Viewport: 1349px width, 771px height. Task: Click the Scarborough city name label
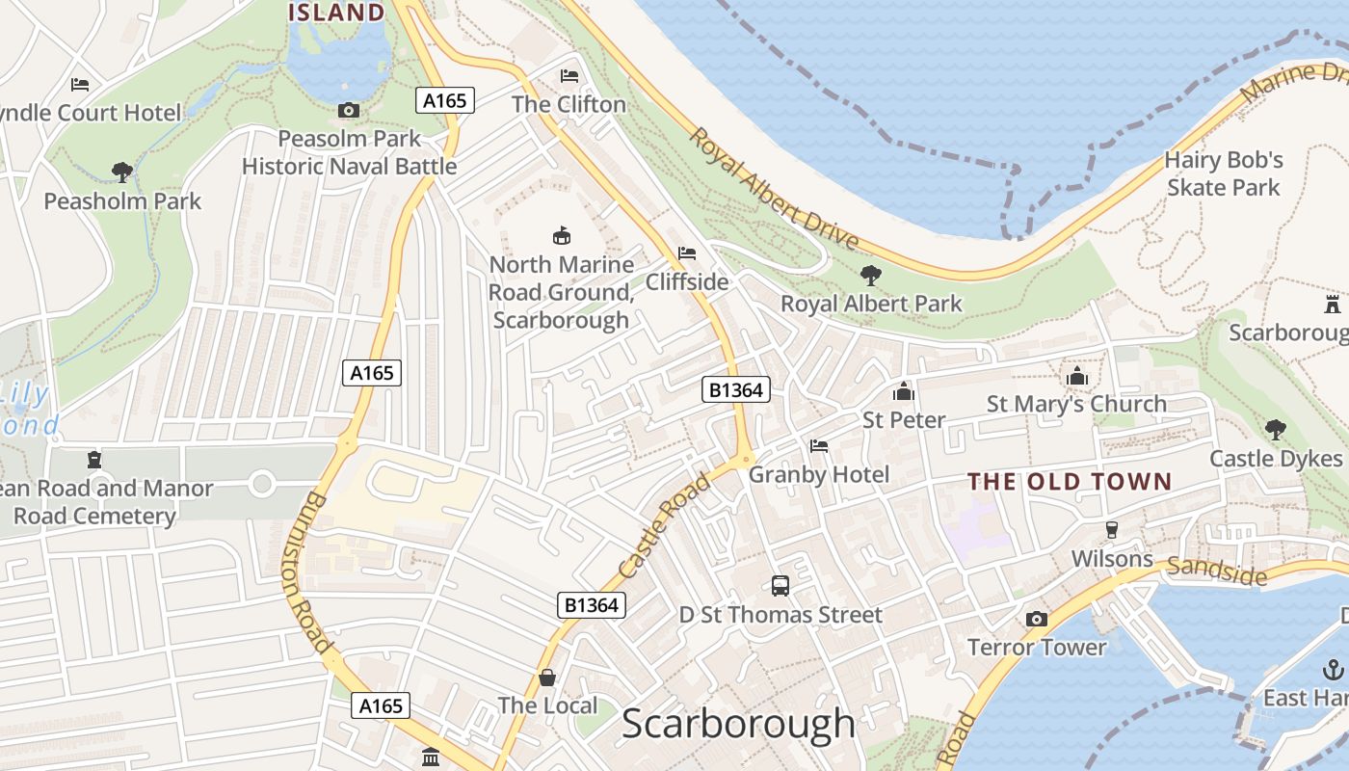[x=738, y=724]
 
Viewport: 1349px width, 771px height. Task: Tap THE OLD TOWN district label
[x=1070, y=482]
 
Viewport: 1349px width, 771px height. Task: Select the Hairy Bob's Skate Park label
[x=1224, y=173]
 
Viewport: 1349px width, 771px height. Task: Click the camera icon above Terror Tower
[x=1037, y=619]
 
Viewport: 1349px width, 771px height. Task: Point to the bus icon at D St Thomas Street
[x=780, y=585]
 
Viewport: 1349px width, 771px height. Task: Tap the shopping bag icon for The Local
[x=547, y=678]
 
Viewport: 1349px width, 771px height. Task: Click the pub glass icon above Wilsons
[x=1111, y=530]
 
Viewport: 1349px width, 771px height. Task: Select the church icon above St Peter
[x=903, y=391]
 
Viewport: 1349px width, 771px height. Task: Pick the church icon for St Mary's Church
[x=1076, y=375]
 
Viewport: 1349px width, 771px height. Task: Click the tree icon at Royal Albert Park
[x=871, y=276]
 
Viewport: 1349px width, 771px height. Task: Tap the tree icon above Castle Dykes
[x=1275, y=430]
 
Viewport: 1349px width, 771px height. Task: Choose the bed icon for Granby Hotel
[x=819, y=446]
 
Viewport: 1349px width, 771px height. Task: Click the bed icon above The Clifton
[x=569, y=76]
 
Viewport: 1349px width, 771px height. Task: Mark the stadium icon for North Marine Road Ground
[x=561, y=235]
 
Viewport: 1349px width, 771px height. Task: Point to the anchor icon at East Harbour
[x=1333, y=669]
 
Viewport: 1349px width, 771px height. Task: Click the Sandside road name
[x=1216, y=571]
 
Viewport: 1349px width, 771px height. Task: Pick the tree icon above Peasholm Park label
[x=122, y=173]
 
